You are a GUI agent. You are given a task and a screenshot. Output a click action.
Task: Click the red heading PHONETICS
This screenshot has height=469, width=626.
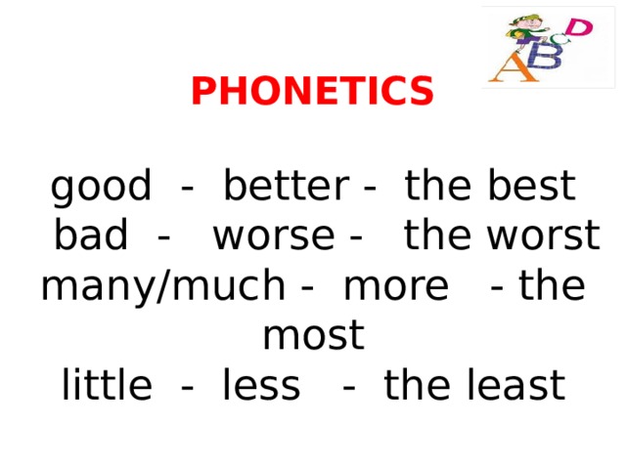tap(312, 92)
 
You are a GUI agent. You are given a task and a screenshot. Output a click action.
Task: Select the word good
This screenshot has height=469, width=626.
tap(101, 186)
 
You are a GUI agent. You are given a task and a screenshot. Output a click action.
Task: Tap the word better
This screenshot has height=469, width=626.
tap(285, 186)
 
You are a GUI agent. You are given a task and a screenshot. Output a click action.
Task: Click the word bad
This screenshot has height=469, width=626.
tap(91, 235)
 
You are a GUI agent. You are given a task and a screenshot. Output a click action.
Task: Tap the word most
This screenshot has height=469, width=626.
tap(313, 336)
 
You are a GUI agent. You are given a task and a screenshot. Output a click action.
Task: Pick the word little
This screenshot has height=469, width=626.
tap(107, 386)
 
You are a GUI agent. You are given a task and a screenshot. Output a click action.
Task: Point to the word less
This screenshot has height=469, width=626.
tap(261, 386)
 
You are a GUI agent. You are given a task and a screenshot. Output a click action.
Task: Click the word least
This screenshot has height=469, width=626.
tap(515, 386)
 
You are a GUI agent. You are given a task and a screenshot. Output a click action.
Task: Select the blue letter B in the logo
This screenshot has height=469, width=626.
tap(548, 56)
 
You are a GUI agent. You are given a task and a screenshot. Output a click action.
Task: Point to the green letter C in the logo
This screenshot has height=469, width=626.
tap(560, 39)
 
